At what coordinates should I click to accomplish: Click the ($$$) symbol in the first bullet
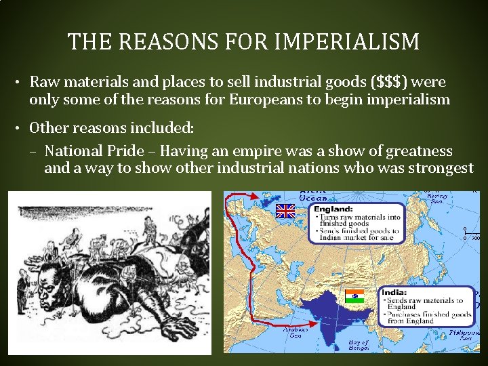click(x=389, y=82)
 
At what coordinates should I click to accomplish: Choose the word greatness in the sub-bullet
click(x=418, y=150)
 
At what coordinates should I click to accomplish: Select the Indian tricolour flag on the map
click(x=354, y=296)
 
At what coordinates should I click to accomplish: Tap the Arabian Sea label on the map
click(x=296, y=333)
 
